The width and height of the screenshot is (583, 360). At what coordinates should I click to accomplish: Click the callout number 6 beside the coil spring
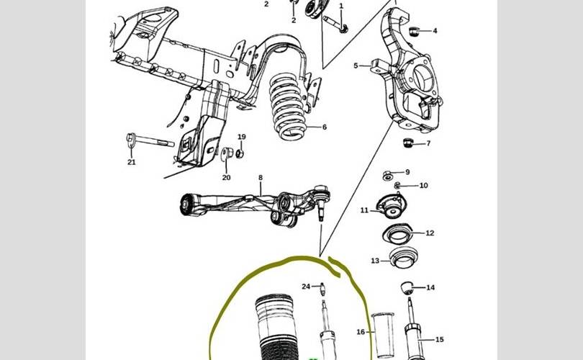(x=324, y=127)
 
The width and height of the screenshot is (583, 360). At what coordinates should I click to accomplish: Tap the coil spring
(x=288, y=106)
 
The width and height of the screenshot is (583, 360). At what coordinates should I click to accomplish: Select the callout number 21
(x=132, y=162)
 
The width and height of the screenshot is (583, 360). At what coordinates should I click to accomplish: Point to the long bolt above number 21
(x=150, y=140)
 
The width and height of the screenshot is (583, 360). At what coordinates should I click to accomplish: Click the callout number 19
(x=242, y=137)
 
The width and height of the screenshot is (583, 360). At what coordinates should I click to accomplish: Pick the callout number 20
(x=227, y=178)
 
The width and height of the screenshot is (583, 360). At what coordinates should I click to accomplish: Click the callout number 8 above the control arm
(x=261, y=178)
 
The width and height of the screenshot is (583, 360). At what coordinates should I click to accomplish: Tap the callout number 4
(x=435, y=31)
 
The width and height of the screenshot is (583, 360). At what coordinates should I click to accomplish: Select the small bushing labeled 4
(x=414, y=32)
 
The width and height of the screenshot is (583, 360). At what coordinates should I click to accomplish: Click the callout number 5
(x=356, y=66)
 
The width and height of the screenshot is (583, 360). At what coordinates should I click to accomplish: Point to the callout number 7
(x=428, y=143)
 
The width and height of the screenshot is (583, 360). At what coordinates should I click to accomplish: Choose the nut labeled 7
(x=409, y=143)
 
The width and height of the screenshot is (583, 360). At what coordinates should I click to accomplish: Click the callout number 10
(x=423, y=186)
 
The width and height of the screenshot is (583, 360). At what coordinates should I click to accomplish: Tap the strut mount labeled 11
(x=392, y=207)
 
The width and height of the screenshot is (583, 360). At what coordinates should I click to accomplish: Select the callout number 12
(x=430, y=233)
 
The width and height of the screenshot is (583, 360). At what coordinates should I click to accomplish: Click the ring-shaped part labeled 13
(x=403, y=257)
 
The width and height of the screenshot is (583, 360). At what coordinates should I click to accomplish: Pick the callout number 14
(x=430, y=287)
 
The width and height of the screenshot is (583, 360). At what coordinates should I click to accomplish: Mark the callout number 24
(x=306, y=287)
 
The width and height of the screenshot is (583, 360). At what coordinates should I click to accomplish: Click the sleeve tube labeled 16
(x=383, y=336)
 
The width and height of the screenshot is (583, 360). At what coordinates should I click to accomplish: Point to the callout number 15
(x=440, y=340)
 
